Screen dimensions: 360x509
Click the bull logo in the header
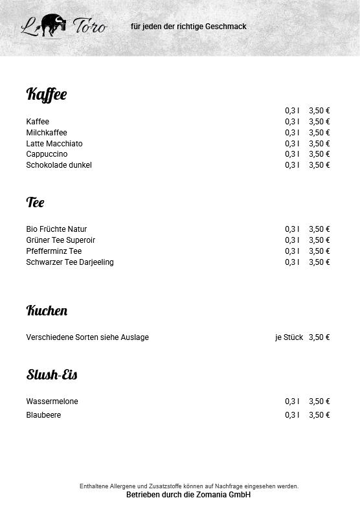point(52,25)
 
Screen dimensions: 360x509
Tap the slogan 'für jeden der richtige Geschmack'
point(188,27)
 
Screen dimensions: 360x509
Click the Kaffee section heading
point(47,95)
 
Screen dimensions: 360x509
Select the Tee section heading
point(36,202)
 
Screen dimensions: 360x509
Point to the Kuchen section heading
point(47,310)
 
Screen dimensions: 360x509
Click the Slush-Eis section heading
point(52,374)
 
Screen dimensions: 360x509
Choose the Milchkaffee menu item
point(47,133)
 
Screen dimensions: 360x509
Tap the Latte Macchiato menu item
point(54,144)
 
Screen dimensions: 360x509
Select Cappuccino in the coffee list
point(47,154)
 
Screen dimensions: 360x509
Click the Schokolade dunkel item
point(59,165)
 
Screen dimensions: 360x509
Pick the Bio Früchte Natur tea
point(56,229)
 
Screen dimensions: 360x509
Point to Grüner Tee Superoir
point(61,240)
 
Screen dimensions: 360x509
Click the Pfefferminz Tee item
point(54,251)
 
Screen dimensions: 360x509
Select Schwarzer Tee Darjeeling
point(70,262)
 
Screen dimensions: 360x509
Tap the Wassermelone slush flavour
point(52,402)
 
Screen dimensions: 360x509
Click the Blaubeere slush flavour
point(43,415)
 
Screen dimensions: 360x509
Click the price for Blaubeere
point(319,415)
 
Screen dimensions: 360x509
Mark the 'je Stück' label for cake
point(289,337)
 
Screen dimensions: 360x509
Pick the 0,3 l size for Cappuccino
point(292,154)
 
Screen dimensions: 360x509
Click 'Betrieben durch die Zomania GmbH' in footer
point(188,495)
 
